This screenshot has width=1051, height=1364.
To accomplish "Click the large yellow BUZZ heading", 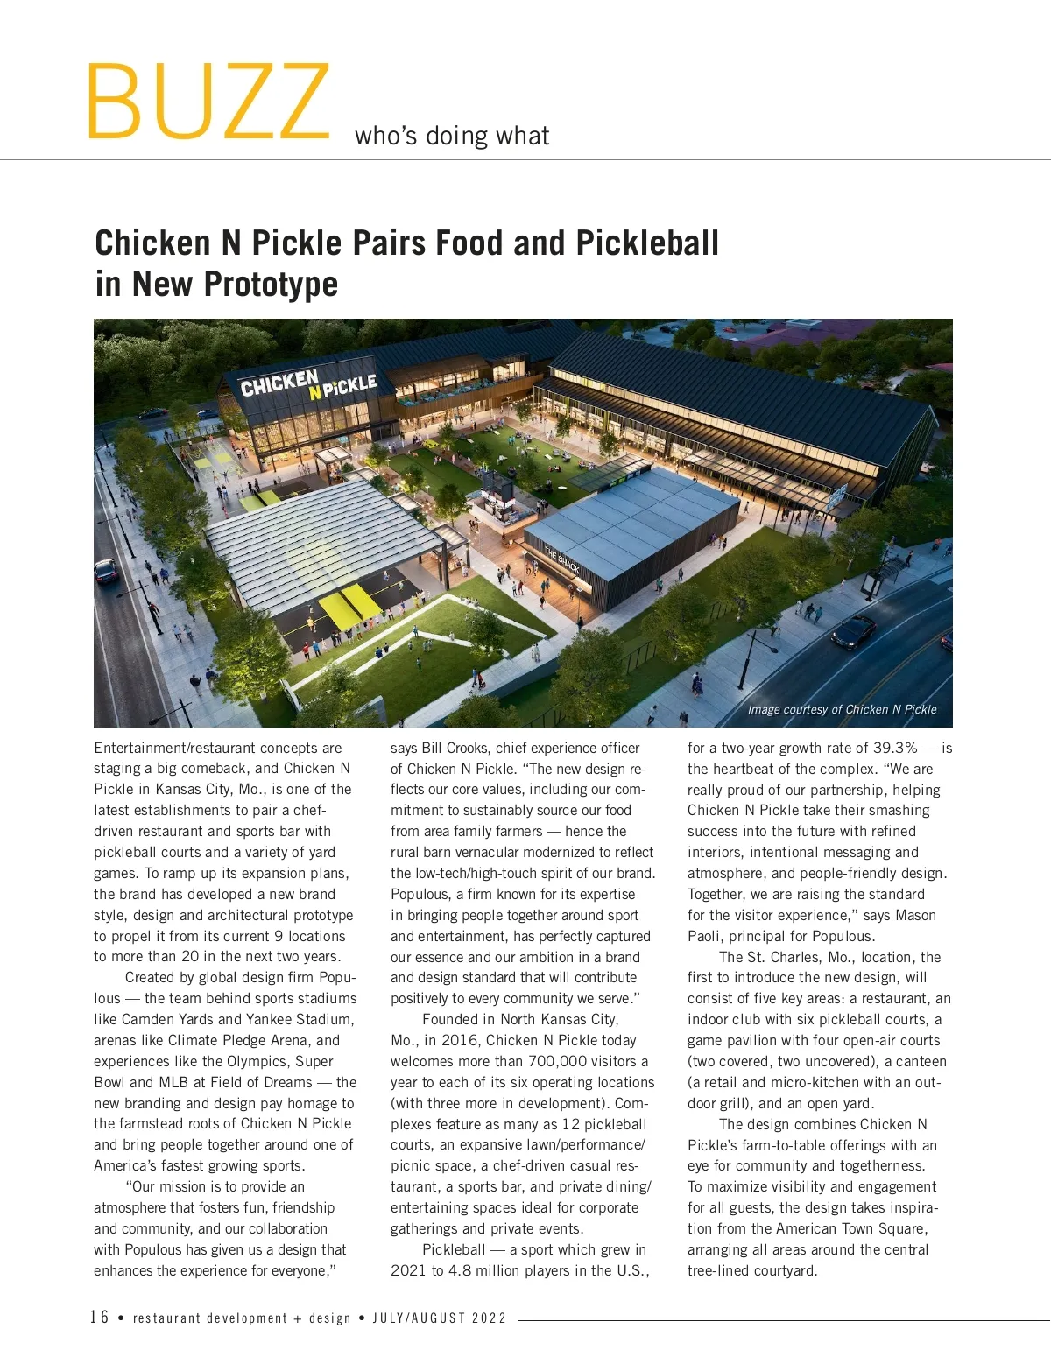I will pos(208,102).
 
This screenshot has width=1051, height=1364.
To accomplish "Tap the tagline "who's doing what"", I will pos(452,136).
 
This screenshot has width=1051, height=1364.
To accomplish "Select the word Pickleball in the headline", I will pos(647,243).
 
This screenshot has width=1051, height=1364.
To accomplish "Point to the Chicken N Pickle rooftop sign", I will pos(308,383).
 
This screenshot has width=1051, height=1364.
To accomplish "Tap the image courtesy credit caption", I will pos(842,709).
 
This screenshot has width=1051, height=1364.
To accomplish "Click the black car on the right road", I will pos(853,631).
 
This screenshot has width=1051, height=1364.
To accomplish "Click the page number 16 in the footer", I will pos(99,1318).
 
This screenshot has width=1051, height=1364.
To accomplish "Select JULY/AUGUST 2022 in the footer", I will pos(440,1318).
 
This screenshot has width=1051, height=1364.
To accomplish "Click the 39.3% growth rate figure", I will pos(895,748).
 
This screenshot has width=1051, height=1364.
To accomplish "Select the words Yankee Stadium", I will pos(300,1019).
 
